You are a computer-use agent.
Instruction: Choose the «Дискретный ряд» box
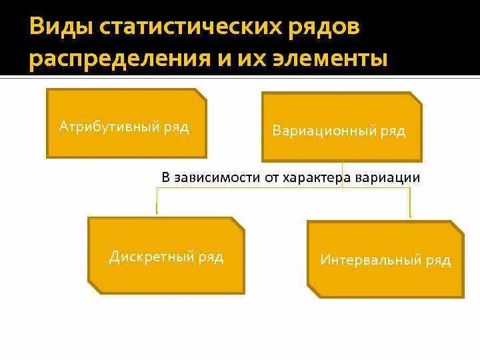(167, 255)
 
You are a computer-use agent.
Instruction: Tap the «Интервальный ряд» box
(385, 259)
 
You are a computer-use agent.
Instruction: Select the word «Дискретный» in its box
(151, 257)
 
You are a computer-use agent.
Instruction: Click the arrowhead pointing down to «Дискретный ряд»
(157, 211)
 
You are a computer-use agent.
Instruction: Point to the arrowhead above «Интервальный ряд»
(409, 215)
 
